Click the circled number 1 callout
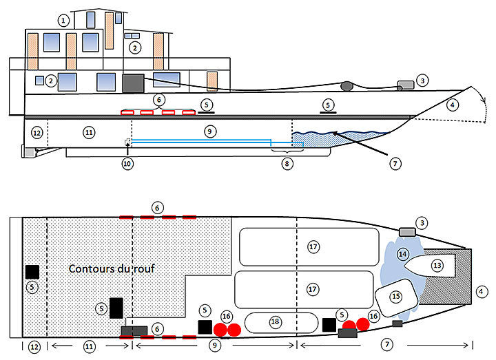(x=63, y=21)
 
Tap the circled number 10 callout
(x=127, y=164)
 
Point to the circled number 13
(x=437, y=265)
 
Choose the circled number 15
(x=395, y=297)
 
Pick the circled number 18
(x=274, y=321)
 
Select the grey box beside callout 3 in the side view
(x=406, y=85)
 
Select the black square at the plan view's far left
(x=32, y=272)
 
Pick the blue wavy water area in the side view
(x=344, y=137)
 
